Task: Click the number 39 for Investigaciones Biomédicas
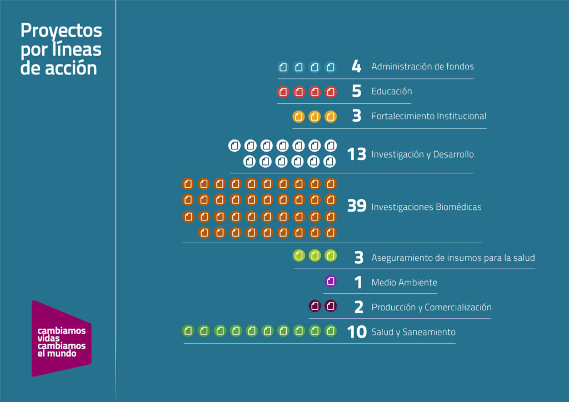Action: [x=357, y=207]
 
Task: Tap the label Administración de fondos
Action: [x=422, y=67]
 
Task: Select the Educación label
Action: [x=392, y=92]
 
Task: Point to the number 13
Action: [x=357, y=154]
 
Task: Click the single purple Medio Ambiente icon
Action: [x=331, y=281]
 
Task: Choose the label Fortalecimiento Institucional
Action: [x=428, y=116]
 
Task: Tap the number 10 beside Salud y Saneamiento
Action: [x=357, y=332]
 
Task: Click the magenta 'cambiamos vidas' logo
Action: [x=61, y=338]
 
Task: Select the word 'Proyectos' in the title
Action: [x=61, y=31]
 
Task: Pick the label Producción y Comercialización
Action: [x=431, y=307]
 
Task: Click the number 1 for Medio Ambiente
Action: [x=358, y=283]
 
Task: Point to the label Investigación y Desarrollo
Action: [x=422, y=154]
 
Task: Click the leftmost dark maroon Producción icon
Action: [x=315, y=305]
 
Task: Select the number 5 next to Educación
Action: [x=357, y=92]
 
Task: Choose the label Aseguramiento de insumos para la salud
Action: [x=453, y=258]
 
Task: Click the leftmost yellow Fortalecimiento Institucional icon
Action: [x=299, y=117]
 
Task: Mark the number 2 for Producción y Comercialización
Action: [x=358, y=307]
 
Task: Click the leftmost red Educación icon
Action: [x=283, y=92]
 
